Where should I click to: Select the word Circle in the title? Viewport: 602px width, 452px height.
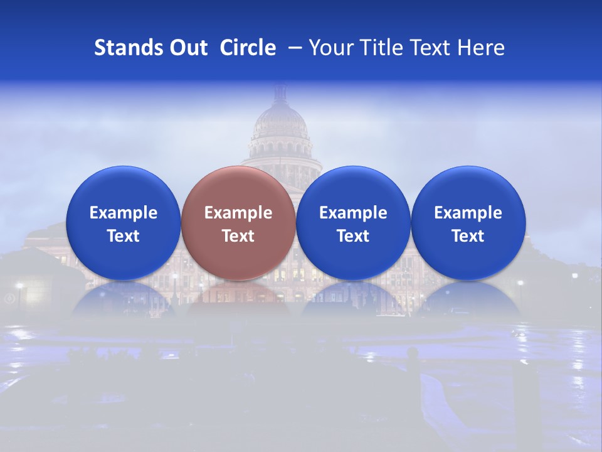(x=248, y=48)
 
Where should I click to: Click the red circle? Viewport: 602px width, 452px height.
(x=238, y=188)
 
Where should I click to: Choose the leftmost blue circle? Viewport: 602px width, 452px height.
(x=123, y=188)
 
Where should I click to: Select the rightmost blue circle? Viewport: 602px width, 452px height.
(x=468, y=188)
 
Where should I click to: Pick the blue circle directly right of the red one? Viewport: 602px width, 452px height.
(x=353, y=188)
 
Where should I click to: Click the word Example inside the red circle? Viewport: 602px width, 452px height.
(x=238, y=213)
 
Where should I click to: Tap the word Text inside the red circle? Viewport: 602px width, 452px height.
(x=238, y=236)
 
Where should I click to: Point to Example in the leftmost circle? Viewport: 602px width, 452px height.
(x=124, y=213)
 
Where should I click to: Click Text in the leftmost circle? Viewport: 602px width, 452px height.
(x=124, y=236)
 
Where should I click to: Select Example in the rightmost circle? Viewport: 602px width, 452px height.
(x=468, y=213)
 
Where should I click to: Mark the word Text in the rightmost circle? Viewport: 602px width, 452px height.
(x=468, y=236)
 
